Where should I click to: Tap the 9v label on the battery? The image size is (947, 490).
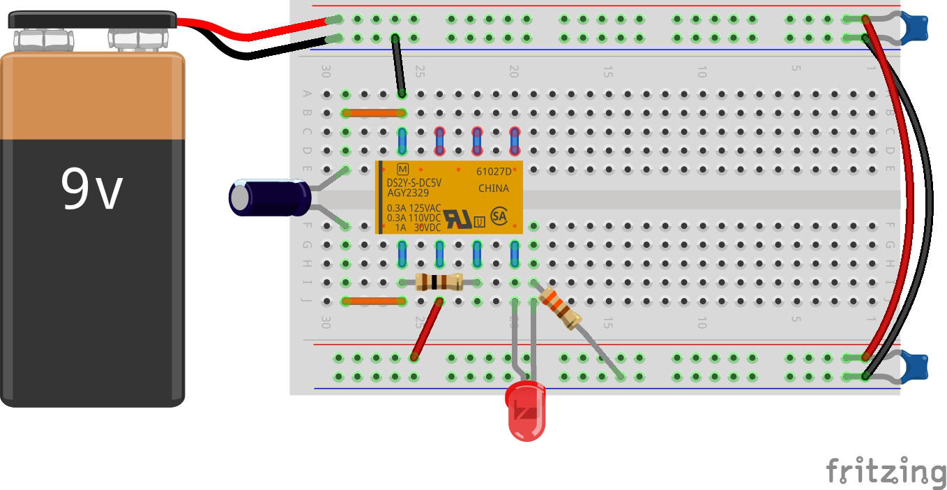92,190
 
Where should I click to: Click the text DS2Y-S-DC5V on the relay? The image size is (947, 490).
414,183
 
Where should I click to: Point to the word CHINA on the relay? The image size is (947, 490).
493,188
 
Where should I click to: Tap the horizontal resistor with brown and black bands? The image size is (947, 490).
439,282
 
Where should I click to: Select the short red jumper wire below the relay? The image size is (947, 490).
427,329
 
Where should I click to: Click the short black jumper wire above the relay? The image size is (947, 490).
398,65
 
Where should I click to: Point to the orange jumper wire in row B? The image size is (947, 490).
373,112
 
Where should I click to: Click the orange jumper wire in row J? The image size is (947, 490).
373,301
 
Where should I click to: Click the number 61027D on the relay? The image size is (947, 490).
493,171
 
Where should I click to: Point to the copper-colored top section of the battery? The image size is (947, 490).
92,98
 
